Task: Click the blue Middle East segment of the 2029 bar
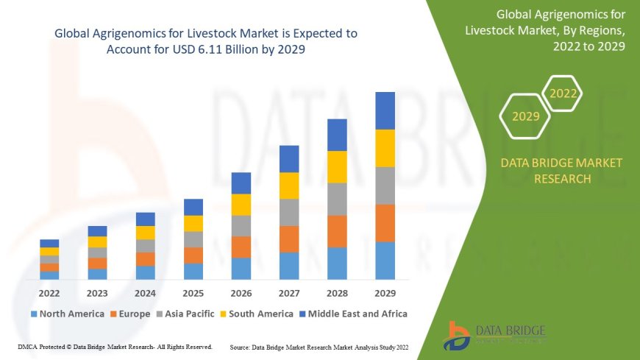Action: click(x=385, y=110)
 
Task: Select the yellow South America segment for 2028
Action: click(x=337, y=166)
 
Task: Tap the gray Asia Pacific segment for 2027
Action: click(x=289, y=212)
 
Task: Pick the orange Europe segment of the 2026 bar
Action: click(x=241, y=247)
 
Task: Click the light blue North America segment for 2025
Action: click(x=193, y=271)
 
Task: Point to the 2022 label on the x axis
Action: click(x=49, y=292)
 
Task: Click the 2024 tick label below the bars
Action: click(x=145, y=292)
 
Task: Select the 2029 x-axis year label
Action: click(x=385, y=292)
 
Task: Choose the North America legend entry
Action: click(x=67, y=314)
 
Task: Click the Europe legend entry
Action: click(x=130, y=314)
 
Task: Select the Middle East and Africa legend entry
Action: click(x=353, y=314)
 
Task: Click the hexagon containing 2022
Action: click(x=563, y=93)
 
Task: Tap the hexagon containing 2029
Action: click(x=525, y=116)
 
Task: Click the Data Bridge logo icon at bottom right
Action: click(x=457, y=336)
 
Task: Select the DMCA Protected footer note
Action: click(x=114, y=346)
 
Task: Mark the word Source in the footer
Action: click(x=241, y=346)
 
